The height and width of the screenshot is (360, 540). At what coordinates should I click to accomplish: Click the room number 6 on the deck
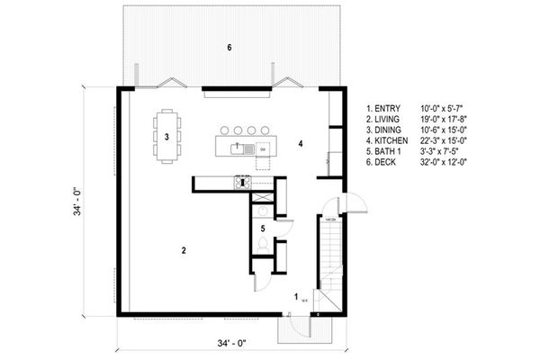pos(229,47)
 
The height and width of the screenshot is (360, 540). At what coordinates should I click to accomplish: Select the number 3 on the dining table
pos(167,138)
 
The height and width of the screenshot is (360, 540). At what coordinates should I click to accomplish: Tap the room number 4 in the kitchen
pos(301,143)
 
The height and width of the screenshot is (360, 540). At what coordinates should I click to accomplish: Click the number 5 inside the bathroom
pos(263,229)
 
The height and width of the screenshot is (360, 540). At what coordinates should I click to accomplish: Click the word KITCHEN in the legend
pos(388,141)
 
